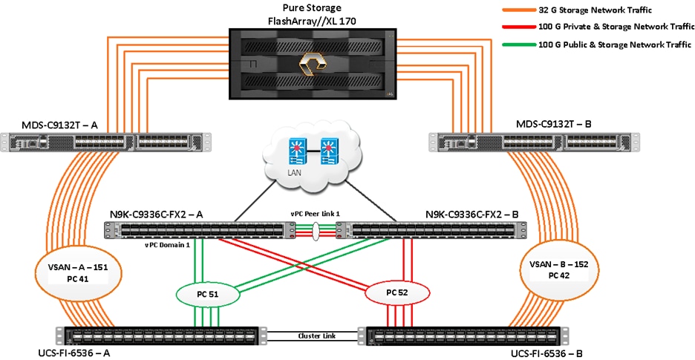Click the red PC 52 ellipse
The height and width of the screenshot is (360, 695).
pos(397,293)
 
